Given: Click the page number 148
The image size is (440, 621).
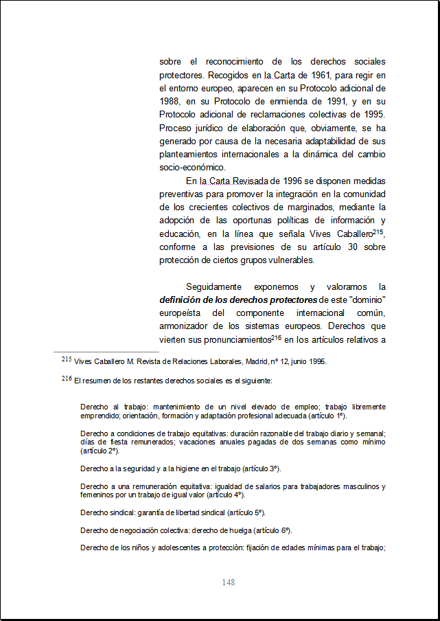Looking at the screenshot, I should [229, 582].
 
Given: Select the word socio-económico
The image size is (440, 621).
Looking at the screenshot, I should [192, 167].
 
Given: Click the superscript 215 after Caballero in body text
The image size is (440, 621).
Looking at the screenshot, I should [378, 232].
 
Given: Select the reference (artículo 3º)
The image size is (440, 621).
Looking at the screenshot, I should [261, 468].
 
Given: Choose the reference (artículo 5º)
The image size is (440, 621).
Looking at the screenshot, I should [245, 512].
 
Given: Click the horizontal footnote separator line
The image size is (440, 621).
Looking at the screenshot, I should [106, 352].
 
